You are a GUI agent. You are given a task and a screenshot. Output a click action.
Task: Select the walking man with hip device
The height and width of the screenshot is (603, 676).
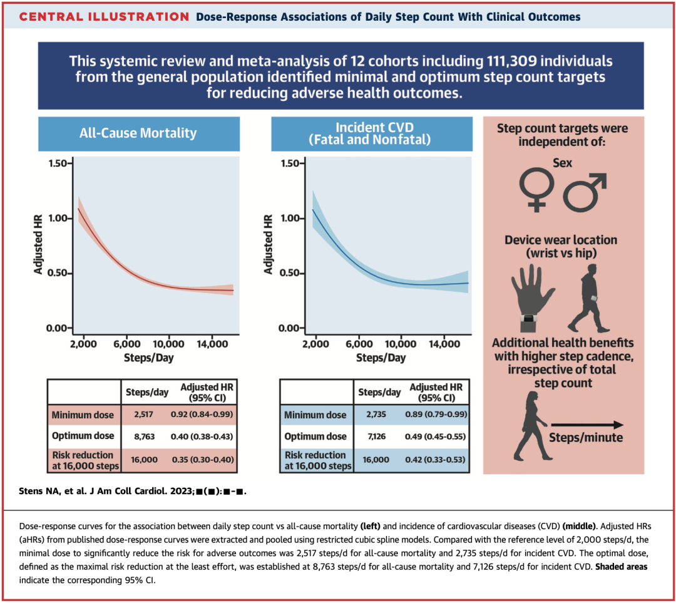point(590,297)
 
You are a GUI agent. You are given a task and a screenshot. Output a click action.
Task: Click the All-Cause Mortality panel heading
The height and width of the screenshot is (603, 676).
point(138,133)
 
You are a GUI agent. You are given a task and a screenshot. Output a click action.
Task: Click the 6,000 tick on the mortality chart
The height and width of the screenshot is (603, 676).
point(126,344)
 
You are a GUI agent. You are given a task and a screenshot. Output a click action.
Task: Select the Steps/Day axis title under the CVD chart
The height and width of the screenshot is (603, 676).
point(381,358)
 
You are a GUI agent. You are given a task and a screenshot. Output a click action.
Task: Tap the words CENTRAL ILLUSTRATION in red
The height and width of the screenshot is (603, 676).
point(104,16)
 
